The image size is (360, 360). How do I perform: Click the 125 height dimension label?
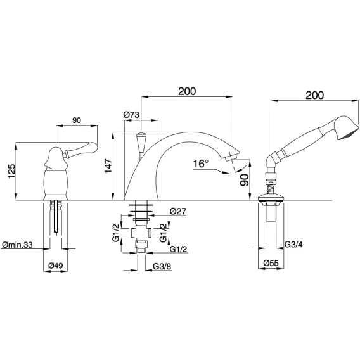[x=11, y=171]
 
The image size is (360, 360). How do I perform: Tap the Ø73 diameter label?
[x=131, y=114]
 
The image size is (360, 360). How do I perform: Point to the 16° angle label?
[x=201, y=164]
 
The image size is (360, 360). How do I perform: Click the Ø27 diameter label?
[x=178, y=211]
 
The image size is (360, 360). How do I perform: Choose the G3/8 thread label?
[x=162, y=266]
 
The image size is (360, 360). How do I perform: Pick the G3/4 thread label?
[x=293, y=245]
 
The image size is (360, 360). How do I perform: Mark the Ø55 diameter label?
[x=271, y=263]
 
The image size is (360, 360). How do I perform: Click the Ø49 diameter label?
[x=56, y=266]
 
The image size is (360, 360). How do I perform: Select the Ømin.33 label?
[x=17, y=245]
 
